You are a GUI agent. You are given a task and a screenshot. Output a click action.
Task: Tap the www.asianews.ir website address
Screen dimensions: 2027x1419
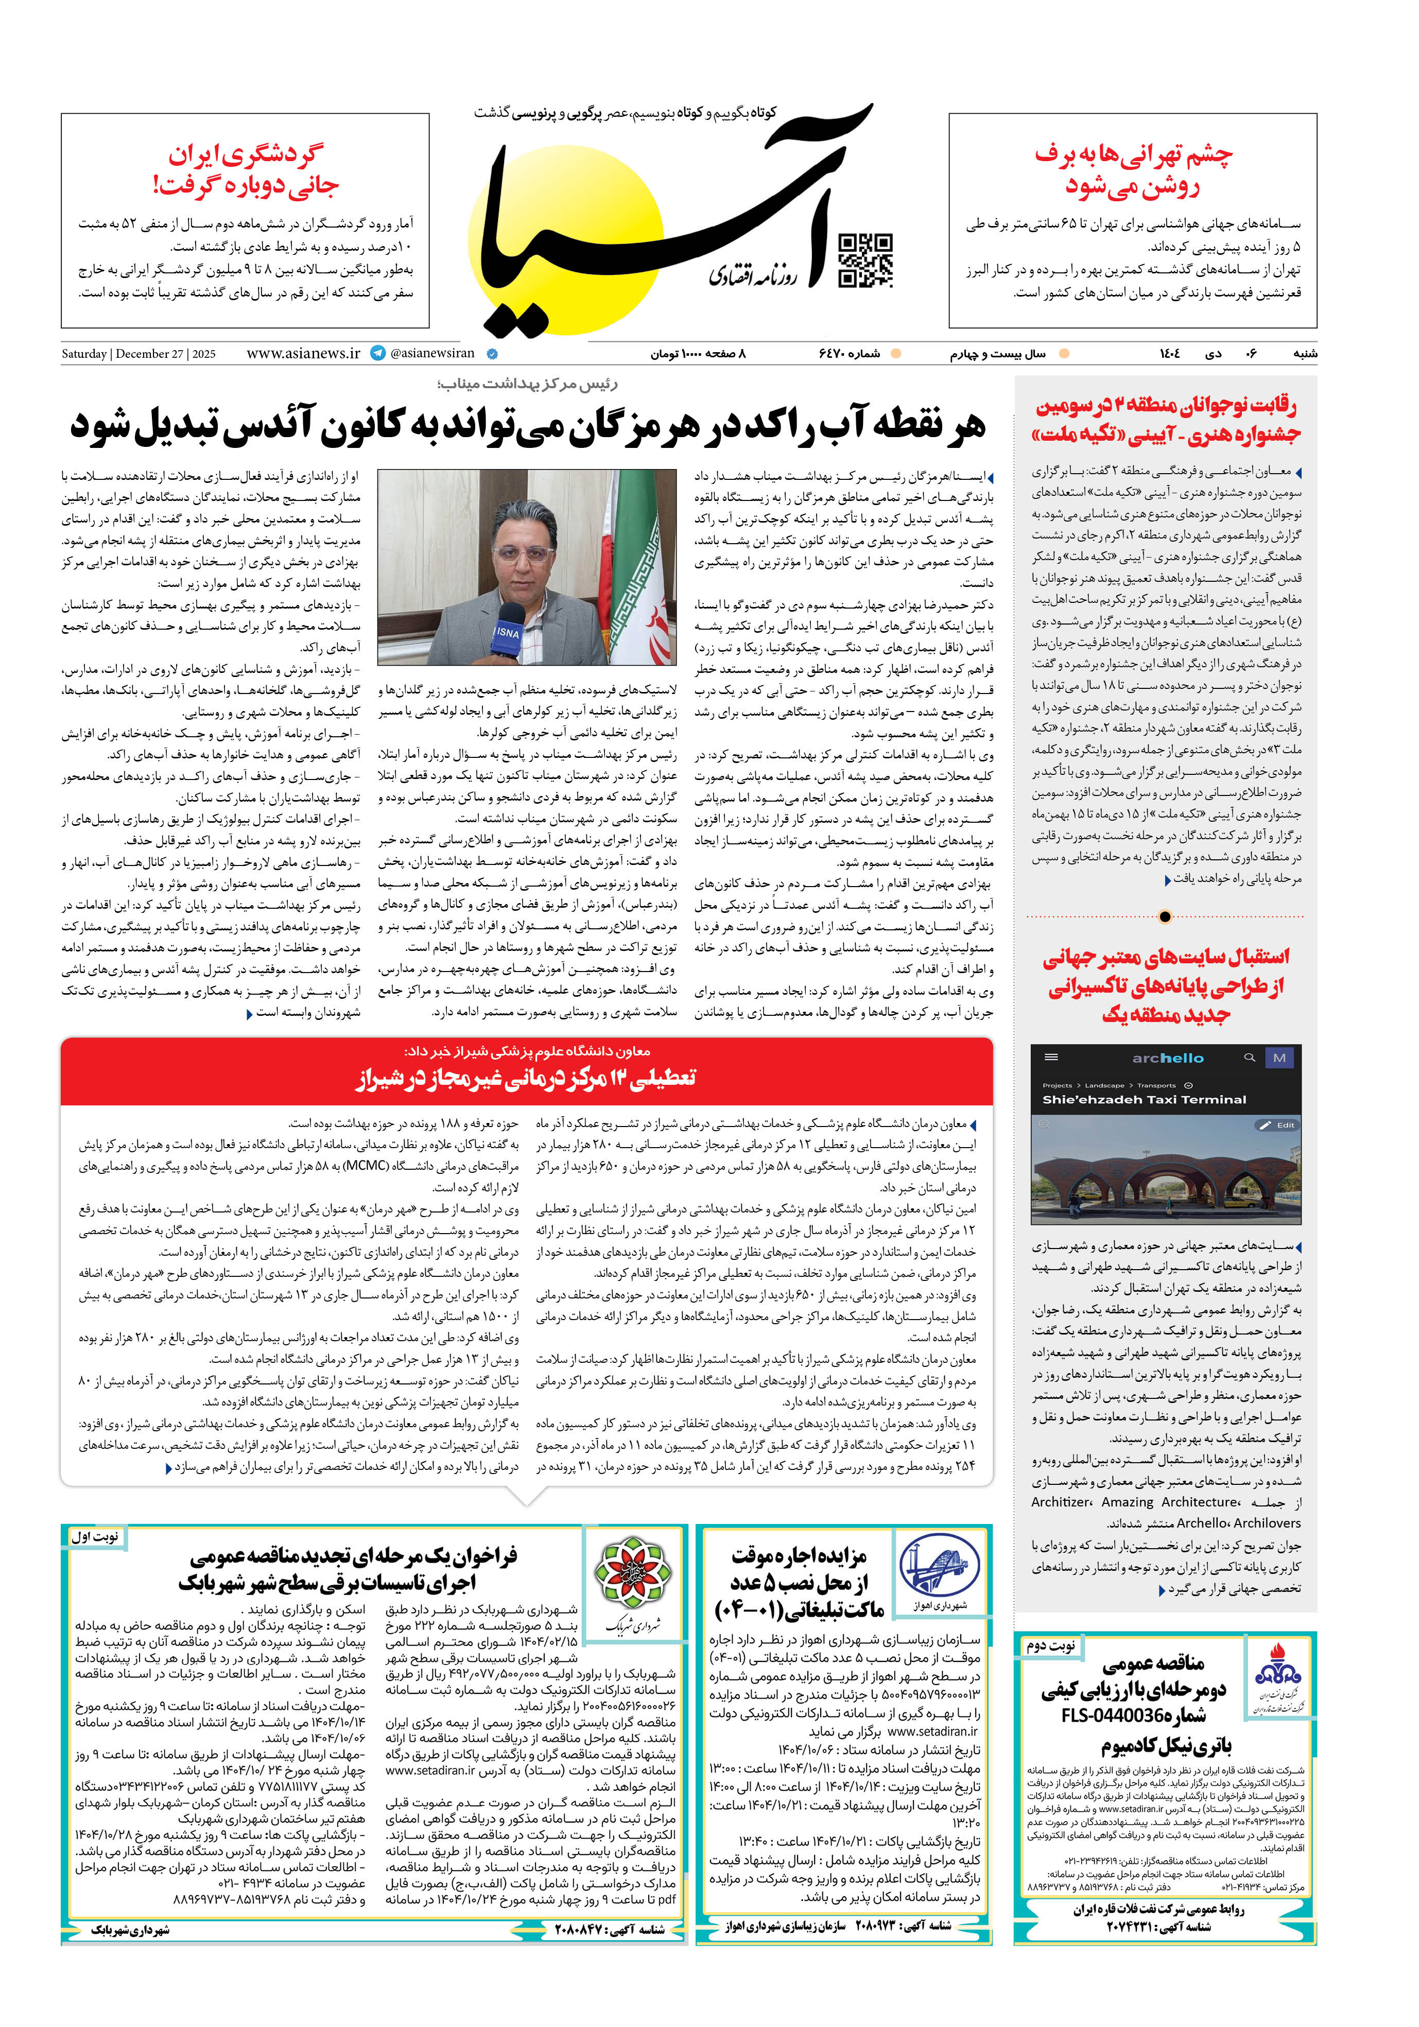303,353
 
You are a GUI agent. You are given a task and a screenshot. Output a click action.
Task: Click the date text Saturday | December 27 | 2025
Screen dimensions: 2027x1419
139,354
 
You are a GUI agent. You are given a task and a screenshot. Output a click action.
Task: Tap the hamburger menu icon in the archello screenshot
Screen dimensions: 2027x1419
1051,1057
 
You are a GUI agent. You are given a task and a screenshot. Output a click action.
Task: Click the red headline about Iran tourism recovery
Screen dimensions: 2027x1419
246,169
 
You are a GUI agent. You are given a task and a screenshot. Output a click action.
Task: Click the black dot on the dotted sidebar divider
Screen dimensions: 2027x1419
1165,916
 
